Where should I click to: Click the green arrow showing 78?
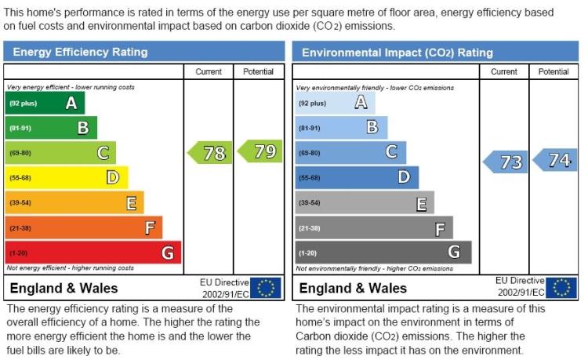pyautogui.click(x=209, y=153)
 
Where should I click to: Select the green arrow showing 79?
pyautogui.click(x=260, y=151)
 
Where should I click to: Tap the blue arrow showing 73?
pyautogui.click(x=505, y=162)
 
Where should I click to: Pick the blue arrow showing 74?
pyautogui.click(x=555, y=160)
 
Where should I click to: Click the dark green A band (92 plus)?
pyautogui.click(x=45, y=103)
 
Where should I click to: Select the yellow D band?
pyautogui.click(x=67, y=178)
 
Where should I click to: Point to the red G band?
pyautogui.click(x=93, y=253)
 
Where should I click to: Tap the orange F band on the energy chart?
pyautogui.click(x=84, y=227)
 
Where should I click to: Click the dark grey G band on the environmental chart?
pyautogui.click(x=383, y=253)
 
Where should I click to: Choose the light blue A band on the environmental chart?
pyautogui.click(x=336, y=103)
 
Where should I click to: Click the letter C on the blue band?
pyautogui.click(x=391, y=152)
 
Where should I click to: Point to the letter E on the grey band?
pyautogui.click(x=422, y=205)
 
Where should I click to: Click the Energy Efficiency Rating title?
pyautogui.click(x=80, y=52)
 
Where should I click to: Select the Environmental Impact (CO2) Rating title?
pyautogui.click(x=397, y=53)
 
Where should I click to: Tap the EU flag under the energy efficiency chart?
pyautogui.click(x=266, y=288)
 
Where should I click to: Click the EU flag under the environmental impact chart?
pyautogui.click(x=561, y=288)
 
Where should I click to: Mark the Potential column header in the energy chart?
pyautogui.click(x=259, y=71)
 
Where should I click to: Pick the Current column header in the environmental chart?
pyautogui.click(x=504, y=71)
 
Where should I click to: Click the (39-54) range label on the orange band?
pyautogui.click(x=20, y=203)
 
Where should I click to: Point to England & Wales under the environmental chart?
pyautogui.click(x=353, y=288)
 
